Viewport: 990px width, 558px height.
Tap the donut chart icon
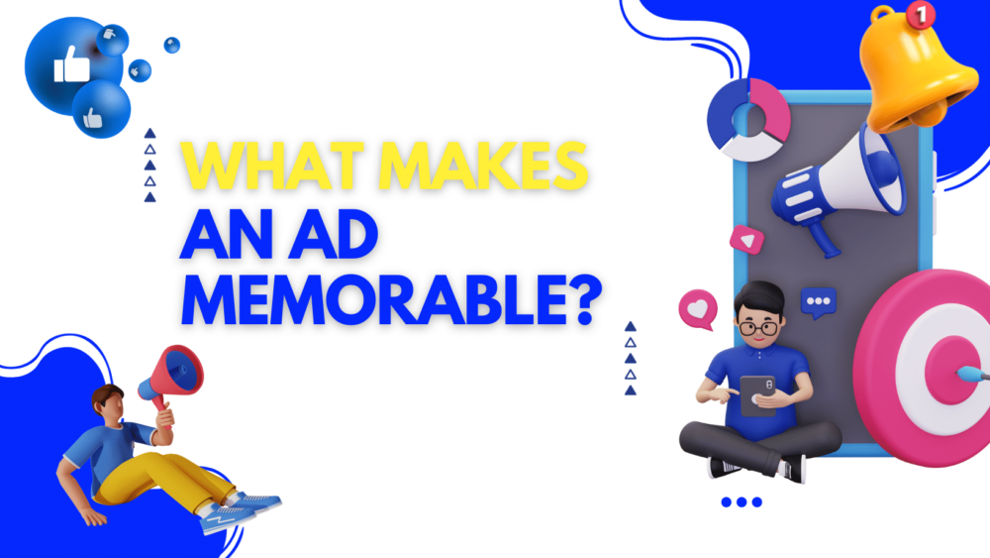pos(748,118)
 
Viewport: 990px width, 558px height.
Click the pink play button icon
pos(742,240)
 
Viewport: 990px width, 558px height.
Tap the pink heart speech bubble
pos(697,308)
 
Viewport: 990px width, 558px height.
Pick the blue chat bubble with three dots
pos(818,301)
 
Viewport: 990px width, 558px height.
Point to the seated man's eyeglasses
pos(759,327)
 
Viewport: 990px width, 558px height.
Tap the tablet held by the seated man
pos(758,393)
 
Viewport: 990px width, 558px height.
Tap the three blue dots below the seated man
pos(742,502)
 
